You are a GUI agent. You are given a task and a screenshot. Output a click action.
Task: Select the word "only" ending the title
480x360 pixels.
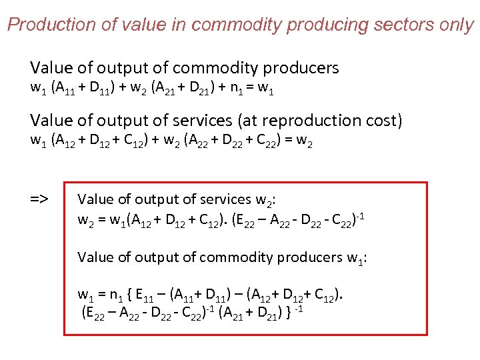click(455, 25)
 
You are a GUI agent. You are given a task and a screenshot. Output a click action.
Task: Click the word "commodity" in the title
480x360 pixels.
click(234, 25)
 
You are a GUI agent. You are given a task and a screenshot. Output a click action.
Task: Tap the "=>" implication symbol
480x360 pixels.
click(39, 199)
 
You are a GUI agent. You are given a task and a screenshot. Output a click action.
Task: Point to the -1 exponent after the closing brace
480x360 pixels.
click(299, 306)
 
